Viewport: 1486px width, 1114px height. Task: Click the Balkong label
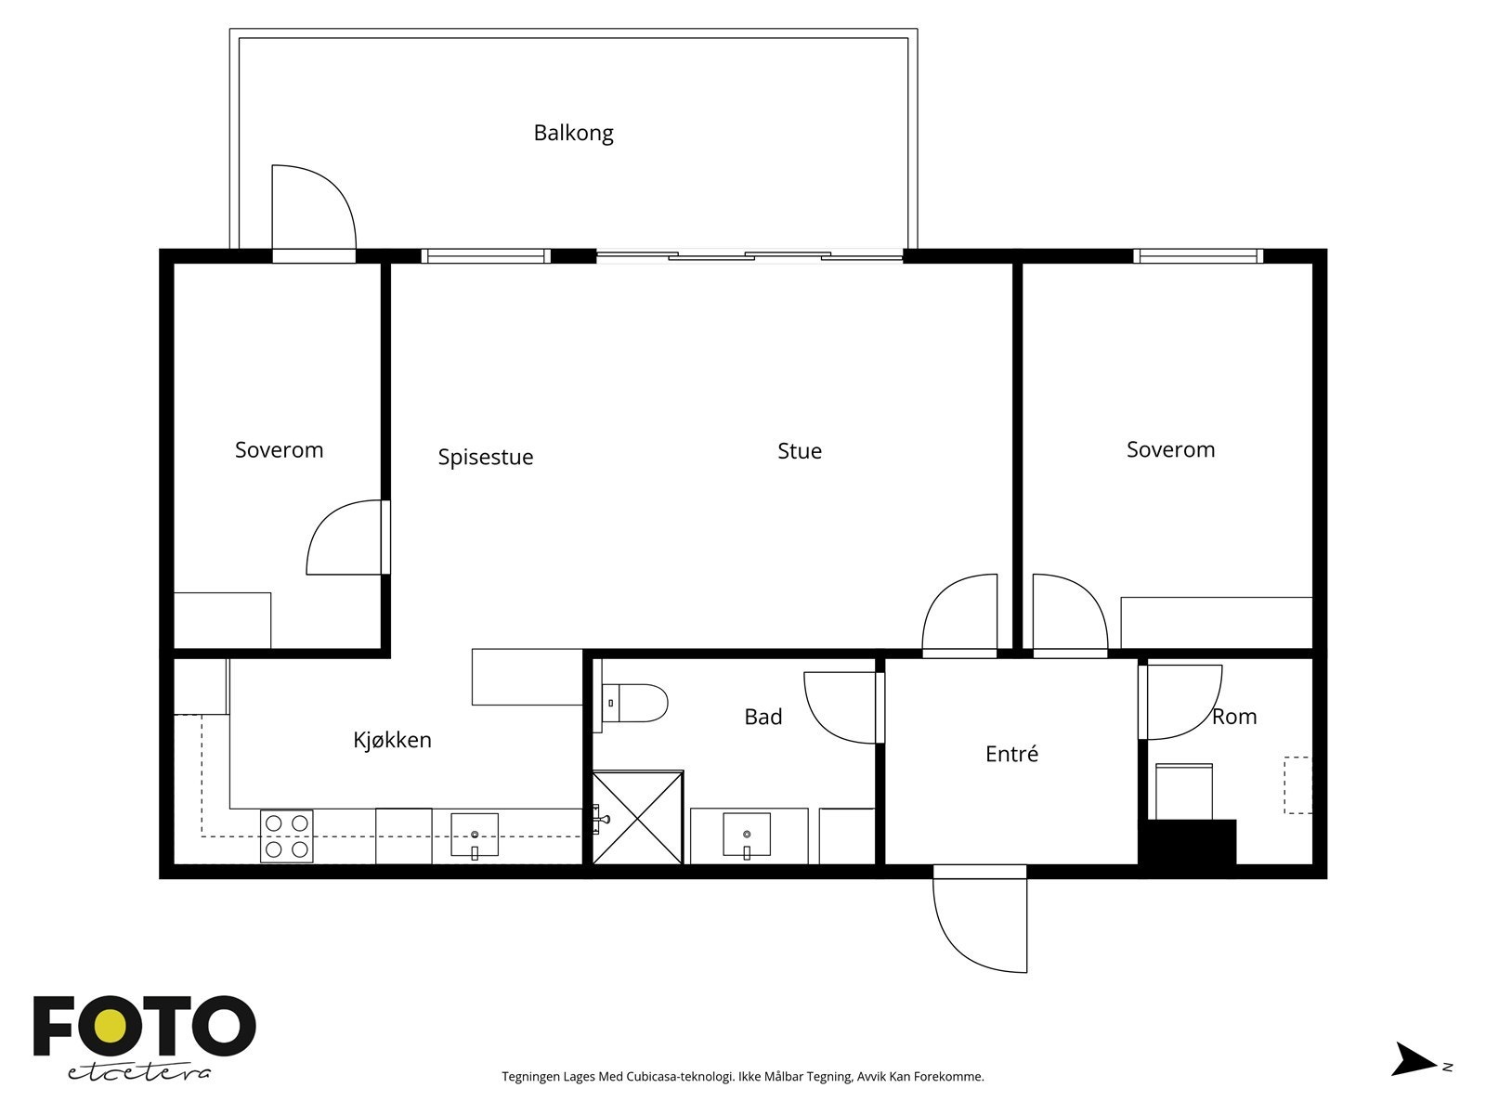click(x=573, y=134)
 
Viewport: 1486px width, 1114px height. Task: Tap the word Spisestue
click(x=486, y=458)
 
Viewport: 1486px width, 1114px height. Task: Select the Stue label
click(x=800, y=451)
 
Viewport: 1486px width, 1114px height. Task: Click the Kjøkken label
click(x=392, y=739)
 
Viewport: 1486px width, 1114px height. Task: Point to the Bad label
click(x=763, y=717)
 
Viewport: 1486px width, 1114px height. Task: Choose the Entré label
click(x=1011, y=754)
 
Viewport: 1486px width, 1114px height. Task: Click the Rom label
click(x=1234, y=717)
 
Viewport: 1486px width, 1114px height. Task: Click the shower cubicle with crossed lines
click(x=638, y=817)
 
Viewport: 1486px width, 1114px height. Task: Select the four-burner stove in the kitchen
click(x=286, y=835)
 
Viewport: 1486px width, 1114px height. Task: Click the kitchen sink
click(x=475, y=835)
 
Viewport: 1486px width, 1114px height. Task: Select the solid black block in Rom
click(x=1190, y=843)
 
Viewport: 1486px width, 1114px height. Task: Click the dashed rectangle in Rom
click(x=1298, y=784)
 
